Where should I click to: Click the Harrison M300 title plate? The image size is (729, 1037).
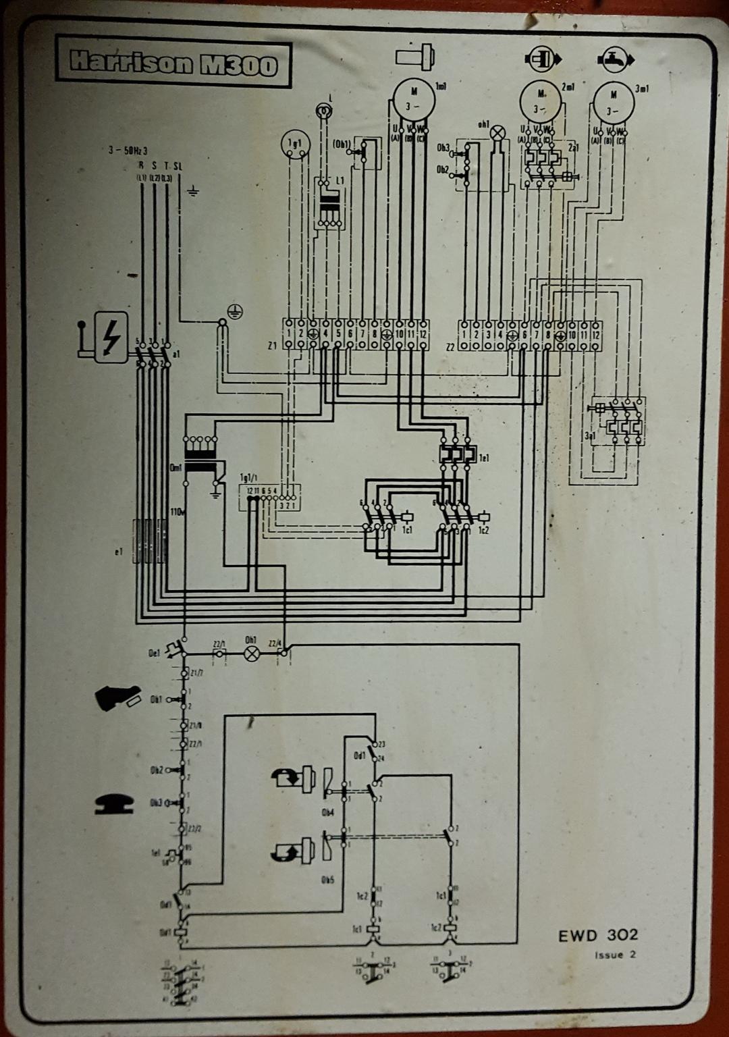click(x=173, y=64)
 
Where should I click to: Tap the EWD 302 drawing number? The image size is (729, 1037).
click(x=597, y=935)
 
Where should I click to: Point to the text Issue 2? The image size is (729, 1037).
click(x=615, y=955)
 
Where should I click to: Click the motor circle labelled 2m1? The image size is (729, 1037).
click(x=541, y=102)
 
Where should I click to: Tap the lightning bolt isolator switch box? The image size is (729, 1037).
click(x=110, y=337)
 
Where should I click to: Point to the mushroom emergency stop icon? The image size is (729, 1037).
click(x=116, y=802)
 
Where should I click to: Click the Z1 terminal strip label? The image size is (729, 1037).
click(x=272, y=345)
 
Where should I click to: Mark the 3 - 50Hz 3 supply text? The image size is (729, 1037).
click(x=128, y=151)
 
